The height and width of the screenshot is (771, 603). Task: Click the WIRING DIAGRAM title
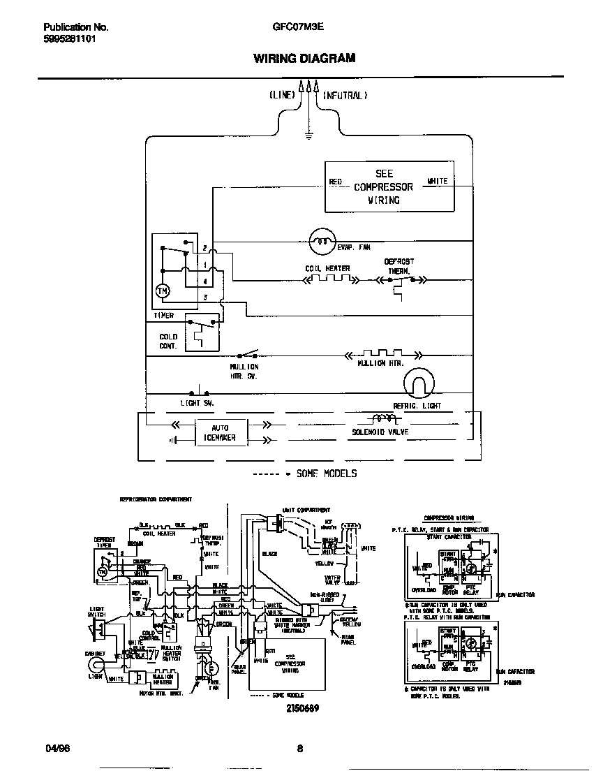pyautogui.click(x=304, y=58)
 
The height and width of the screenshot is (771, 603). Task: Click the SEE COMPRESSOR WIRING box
pyautogui.click(x=389, y=187)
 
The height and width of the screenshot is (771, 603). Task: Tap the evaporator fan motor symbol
pyautogui.click(x=322, y=242)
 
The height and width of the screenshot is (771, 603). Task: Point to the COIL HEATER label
pyautogui.click(x=327, y=269)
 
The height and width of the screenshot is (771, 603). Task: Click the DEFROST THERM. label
pyautogui.click(x=399, y=266)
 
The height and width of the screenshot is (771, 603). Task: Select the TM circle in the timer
pyautogui.click(x=162, y=291)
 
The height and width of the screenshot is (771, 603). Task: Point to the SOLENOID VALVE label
pyautogui.click(x=380, y=432)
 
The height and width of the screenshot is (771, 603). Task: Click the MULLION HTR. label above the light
pyautogui.click(x=381, y=364)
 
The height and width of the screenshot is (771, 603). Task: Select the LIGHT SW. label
pyautogui.click(x=197, y=403)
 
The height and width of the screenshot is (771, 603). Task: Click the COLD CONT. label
pyautogui.click(x=168, y=341)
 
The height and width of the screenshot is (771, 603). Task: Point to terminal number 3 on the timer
pyautogui.click(x=204, y=298)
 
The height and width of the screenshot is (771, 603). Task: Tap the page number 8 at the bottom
pyautogui.click(x=300, y=749)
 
